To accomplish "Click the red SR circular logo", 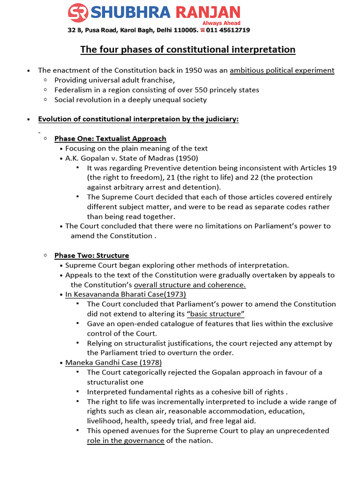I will (78, 13).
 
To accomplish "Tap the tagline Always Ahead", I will (221, 23).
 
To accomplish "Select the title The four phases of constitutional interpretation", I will (187, 49).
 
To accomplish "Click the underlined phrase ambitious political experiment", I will (282, 70).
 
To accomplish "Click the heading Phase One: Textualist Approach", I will (110, 138).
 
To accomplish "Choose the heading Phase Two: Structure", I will (91, 255).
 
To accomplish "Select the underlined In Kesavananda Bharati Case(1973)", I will (126, 294).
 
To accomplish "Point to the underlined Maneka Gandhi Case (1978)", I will (114, 362).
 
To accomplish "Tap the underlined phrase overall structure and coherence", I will (190, 285).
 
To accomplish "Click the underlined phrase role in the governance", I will (126, 441).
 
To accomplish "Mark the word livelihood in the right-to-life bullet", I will (105, 421).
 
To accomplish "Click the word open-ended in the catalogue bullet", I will (129, 323).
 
